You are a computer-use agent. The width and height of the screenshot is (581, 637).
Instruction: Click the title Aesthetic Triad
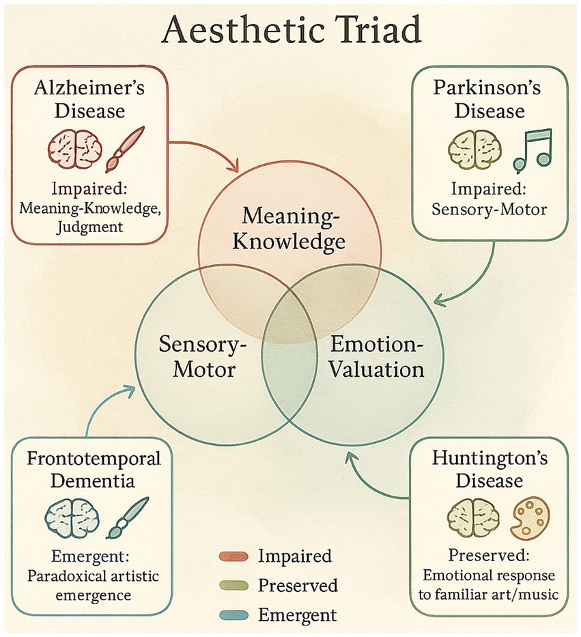[289, 30]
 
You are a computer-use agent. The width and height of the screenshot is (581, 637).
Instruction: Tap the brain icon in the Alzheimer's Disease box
[74, 148]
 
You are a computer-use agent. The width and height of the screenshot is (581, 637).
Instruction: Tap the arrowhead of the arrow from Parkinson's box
[438, 299]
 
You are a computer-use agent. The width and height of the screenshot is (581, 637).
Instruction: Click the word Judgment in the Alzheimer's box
[91, 225]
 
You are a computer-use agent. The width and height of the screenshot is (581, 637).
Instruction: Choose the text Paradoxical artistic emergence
[93, 585]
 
